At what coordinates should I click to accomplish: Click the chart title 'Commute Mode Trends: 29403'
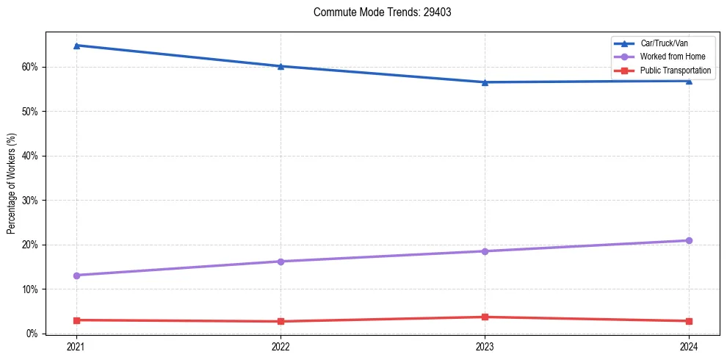377,12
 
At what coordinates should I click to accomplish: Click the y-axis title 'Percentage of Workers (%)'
11,184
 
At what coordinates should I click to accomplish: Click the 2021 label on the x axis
76,346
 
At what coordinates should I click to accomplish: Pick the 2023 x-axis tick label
485,346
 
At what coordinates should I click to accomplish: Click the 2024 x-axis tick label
689,346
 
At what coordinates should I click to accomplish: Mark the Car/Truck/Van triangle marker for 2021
76,46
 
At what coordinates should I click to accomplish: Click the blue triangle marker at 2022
281,66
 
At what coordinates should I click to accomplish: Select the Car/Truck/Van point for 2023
485,82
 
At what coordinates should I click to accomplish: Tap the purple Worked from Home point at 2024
689,241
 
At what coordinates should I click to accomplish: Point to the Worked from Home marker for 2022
281,262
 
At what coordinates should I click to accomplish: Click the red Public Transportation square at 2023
485,317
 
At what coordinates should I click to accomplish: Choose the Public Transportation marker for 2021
76,320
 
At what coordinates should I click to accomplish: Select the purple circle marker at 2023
485,251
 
